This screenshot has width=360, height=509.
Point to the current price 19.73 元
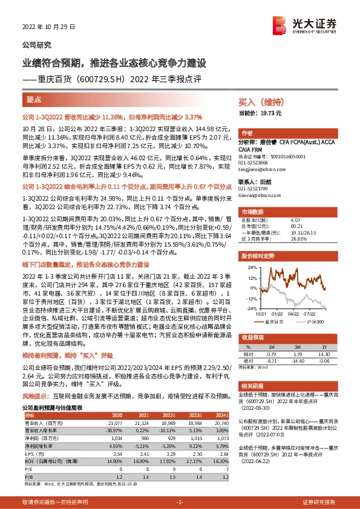[269, 112]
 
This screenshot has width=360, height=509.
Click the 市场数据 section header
[253, 212]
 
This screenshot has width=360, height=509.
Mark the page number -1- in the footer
[180, 502]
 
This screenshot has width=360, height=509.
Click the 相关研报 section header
[253, 385]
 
